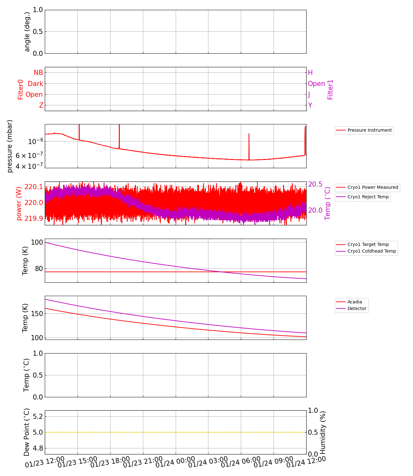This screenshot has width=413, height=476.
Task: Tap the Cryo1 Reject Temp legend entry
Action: coord(368,197)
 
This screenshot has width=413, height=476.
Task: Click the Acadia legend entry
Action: coord(355,302)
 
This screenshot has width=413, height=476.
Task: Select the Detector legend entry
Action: coord(357,308)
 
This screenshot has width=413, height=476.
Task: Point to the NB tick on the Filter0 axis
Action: coord(38,73)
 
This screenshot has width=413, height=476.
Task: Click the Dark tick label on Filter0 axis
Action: coord(35,84)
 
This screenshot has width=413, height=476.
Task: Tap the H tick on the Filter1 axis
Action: coord(310,73)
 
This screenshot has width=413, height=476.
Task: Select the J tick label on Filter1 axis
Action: coord(309,95)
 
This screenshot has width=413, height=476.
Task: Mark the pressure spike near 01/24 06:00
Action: coord(249,134)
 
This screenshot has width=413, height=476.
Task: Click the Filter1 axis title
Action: coord(330,89)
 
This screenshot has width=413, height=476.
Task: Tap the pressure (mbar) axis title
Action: coord(10,146)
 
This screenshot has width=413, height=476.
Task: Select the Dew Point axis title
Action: coord(27,432)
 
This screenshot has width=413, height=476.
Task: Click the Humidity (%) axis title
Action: coord(323,432)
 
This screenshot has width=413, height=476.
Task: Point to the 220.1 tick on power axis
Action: coord(33,187)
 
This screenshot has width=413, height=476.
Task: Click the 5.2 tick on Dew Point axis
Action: coord(37,416)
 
